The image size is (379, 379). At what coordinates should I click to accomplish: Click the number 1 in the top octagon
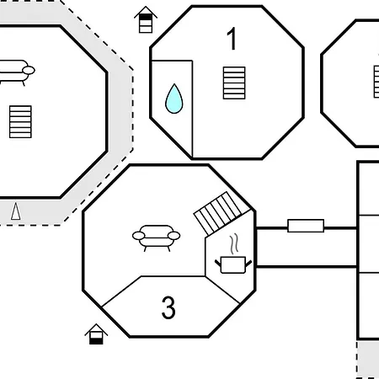[232, 39]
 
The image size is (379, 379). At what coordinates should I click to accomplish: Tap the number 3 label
[168, 307]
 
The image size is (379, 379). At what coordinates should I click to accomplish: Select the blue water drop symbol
[174, 99]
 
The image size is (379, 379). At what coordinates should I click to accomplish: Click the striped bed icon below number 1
[234, 83]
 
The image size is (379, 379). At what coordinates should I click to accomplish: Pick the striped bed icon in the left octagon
[20, 122]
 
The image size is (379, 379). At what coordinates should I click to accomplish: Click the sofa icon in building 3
[156, 238]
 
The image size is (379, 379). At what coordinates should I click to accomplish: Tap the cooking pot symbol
[233, 264]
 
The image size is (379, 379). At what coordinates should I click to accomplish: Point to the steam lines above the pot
[234, 243]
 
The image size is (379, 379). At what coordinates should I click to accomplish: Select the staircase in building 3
[222, 213]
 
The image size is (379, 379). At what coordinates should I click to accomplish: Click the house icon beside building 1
[146, 19]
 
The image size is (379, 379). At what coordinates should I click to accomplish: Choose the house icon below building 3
[96, 334]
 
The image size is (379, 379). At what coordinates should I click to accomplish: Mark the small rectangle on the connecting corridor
[306, 226]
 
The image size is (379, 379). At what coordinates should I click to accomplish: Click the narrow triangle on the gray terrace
[16, 211]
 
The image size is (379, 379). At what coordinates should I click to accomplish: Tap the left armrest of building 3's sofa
[139, 236]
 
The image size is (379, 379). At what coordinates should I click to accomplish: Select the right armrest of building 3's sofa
[173, 236]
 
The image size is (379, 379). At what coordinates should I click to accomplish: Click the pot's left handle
[218, 264]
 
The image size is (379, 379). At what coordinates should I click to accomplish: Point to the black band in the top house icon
[146, 17]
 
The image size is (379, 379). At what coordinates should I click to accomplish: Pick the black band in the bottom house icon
[96, 341]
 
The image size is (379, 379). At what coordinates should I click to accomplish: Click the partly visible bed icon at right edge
[376, 82]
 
